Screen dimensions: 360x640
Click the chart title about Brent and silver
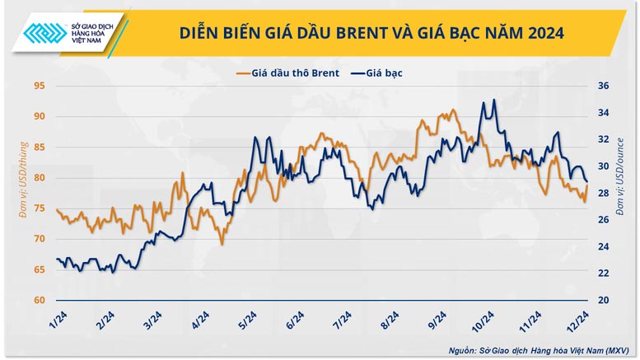point(372,32)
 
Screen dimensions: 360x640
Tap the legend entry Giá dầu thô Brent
point(287,72)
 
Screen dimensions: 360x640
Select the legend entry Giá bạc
point(377,72)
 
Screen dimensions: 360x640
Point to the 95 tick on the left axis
point(38,86)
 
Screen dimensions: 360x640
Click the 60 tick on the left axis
point(38,300)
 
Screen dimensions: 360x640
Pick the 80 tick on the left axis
point(38,177)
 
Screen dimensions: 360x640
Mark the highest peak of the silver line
point(493,100)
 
